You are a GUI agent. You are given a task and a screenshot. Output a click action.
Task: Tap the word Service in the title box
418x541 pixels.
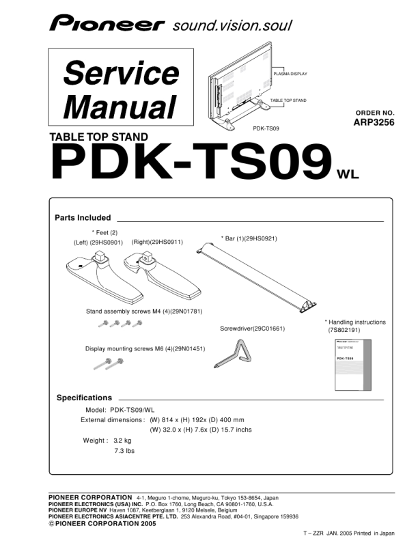[121, 74]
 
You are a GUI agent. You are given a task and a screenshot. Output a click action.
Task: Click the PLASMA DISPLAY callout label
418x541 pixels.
[290, 74]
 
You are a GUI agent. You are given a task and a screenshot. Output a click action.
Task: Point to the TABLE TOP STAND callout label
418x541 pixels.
[288, 100]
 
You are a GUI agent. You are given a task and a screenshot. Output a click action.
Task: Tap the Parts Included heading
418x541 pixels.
[83, 218]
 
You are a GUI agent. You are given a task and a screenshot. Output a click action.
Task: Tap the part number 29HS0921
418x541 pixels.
[261, 238]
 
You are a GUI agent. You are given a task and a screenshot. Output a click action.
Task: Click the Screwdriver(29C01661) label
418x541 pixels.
[252, 329]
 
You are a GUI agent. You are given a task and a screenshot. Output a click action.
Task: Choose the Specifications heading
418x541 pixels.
[84, 398]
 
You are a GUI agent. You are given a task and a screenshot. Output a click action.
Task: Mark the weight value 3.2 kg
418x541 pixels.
[122, 441]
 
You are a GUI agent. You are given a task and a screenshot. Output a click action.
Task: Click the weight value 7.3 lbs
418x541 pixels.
[124, 451]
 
